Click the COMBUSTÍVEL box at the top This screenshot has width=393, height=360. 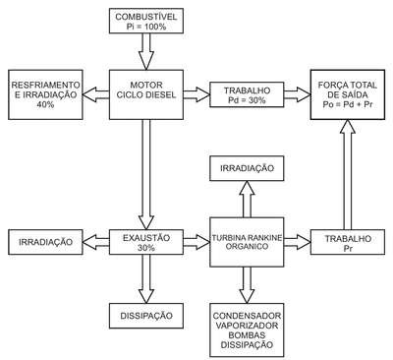coord(146,21)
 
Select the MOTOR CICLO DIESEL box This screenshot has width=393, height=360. coord(146,94)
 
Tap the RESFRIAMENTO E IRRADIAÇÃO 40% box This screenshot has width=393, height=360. coord(45,94)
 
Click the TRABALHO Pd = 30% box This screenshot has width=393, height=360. coord(247,94)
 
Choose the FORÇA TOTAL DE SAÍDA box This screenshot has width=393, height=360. coord(348,94)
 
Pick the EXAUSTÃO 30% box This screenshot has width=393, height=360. coord(146,242)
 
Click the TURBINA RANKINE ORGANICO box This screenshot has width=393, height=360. coord(247,242)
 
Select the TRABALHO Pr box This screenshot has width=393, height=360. coord(348,242)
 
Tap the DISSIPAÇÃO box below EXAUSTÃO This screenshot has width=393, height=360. coord(146,316)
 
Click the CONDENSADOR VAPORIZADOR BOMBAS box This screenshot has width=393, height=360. coord(247,330)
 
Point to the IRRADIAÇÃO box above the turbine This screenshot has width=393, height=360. coord(247,168)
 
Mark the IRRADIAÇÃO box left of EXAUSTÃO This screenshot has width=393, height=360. coord(45,242)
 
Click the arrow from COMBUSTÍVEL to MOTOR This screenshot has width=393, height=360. coord(146,51)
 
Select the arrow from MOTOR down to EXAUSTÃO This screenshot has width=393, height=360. coord(146,174)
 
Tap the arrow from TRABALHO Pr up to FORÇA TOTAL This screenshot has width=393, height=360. coord(348,174)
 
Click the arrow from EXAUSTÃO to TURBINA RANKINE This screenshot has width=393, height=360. coord(196,242)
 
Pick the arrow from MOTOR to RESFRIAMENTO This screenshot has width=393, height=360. coord(95,94)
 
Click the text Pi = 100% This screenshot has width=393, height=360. coord(146,27)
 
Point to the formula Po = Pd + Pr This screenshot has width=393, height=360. coord(348,105)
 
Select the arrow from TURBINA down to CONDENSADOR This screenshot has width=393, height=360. coord(247,285)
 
